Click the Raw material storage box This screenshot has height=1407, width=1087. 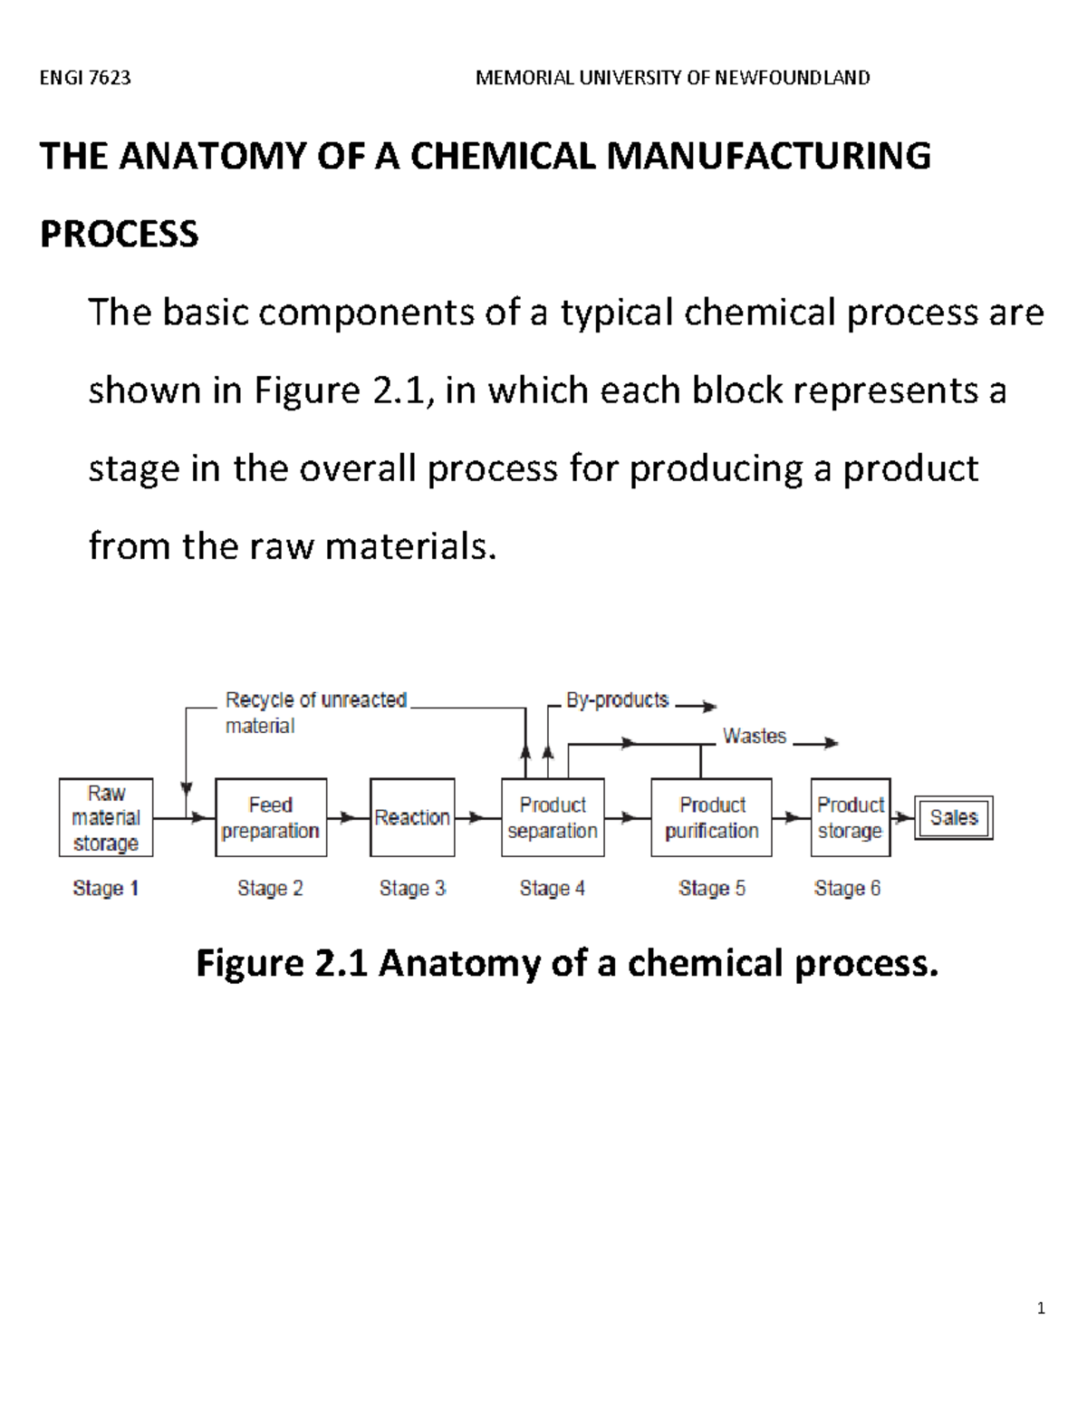[106, 817]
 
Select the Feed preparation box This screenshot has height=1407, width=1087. [271, 817]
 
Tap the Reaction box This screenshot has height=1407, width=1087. [412, 817]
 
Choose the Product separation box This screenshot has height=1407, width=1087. [553, 817]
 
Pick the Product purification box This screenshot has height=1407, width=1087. [711, 817]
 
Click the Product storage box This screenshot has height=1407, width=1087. [850, 817]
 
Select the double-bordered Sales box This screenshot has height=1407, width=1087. [954, 817]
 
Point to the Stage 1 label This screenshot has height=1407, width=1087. [106, 888]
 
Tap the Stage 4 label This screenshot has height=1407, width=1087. [553, 888]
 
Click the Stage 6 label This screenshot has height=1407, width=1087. [847, 888]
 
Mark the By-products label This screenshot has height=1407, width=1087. [617, 699]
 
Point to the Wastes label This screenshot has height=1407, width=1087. [755, 736]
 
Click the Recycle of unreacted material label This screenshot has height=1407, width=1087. [315, 712]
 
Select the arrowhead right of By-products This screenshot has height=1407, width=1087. [709, 706]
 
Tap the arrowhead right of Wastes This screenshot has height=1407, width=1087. [831, 743]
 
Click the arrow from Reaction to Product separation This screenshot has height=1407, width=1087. [477, 818]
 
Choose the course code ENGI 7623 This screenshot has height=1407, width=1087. [85, 78]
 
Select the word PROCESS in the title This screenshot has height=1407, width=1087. [120, 234]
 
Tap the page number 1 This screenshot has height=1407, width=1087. [1041, 1307]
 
